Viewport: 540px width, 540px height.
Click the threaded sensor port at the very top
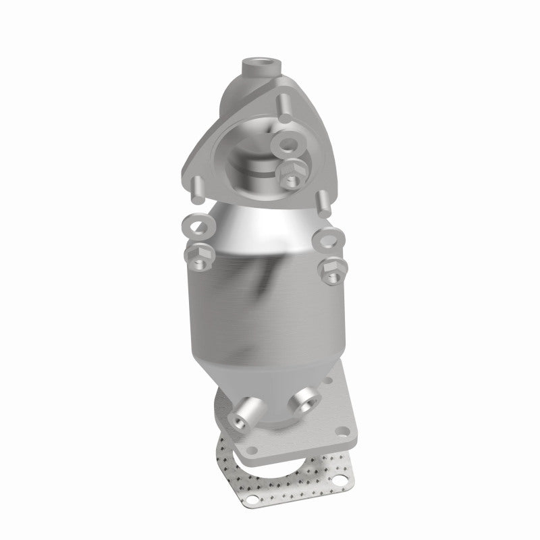(259, 67)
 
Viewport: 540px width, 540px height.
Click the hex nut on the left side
(198, 254)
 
